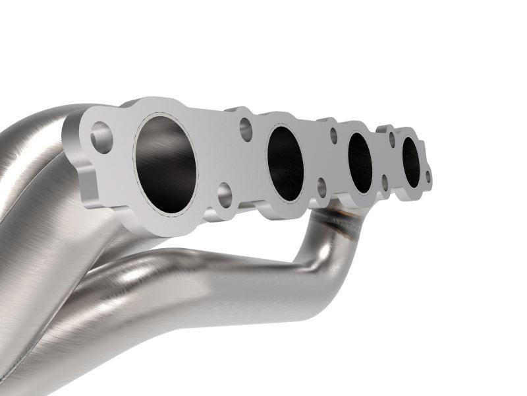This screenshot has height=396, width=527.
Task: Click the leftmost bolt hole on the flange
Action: coord(101,137)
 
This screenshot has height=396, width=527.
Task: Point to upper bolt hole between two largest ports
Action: coord(246,129)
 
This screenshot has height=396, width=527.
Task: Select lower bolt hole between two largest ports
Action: coord(224,193)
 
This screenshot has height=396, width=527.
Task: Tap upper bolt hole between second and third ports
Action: coord(333,135)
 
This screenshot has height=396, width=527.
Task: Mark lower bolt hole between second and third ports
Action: coord(322,187)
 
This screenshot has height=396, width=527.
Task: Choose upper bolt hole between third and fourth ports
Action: coord(392,139)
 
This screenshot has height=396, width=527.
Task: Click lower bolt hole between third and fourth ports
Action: coord(384,182)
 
